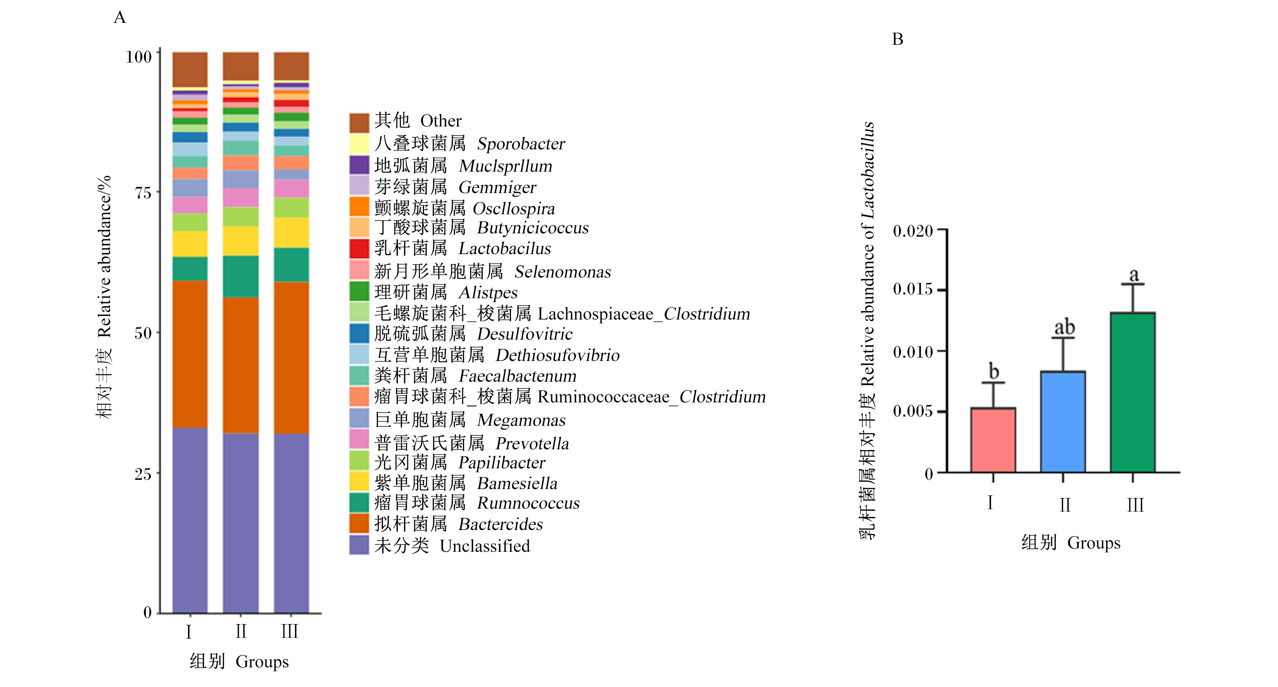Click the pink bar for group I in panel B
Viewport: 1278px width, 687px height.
tap(993, 440)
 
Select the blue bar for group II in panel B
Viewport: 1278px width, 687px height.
tap(1063, 422)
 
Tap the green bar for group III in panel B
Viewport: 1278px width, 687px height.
tap(1133, 392)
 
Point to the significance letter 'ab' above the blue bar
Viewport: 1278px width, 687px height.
tap(1064, 328)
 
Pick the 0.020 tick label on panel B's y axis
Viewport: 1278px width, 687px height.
tap(913, 231)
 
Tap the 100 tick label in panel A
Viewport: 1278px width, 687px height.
tap(139, 57)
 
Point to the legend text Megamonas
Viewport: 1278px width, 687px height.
tap(521, 420)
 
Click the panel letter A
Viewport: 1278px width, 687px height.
tap(120, 17)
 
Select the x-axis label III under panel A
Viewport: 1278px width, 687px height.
tap(290, 631)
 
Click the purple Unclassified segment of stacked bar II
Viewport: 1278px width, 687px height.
tap(241, 523)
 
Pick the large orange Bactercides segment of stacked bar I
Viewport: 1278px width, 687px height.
tap(190, 354)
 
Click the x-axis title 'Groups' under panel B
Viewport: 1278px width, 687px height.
tap(1094, 543)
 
